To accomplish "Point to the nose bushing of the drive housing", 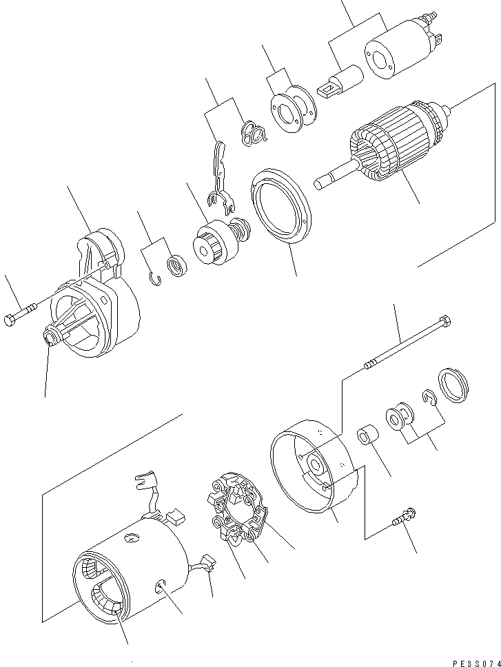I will pyautogui.click(x=50, y=337).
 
